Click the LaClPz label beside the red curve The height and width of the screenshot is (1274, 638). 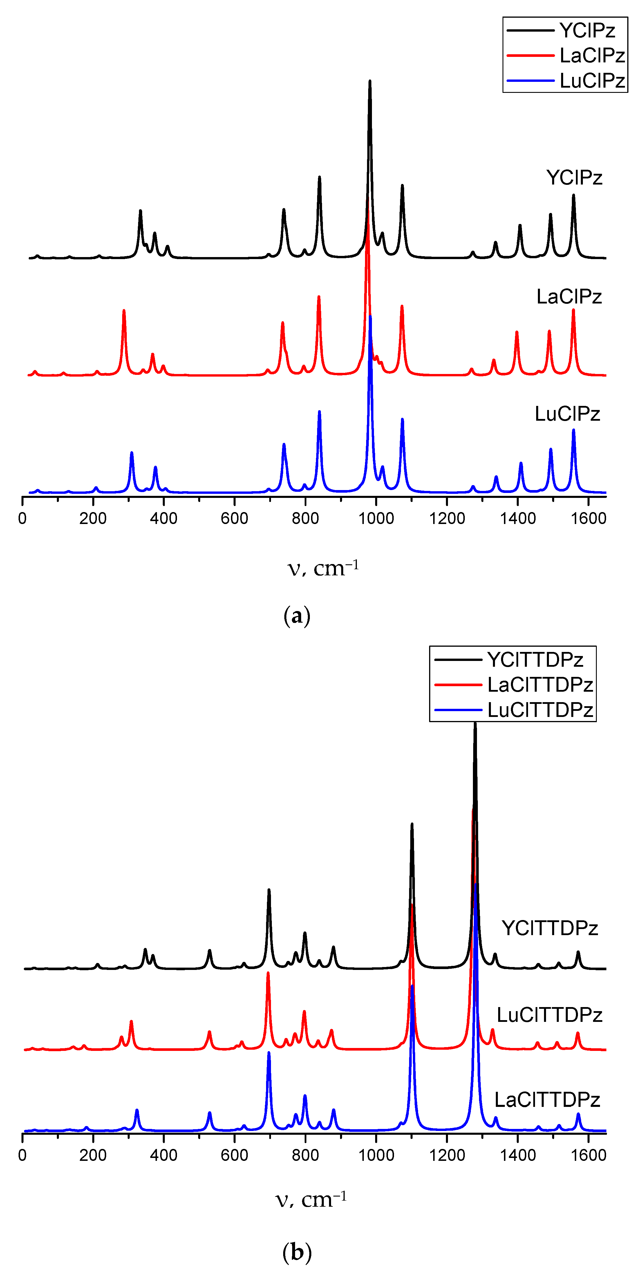tap(569, 296)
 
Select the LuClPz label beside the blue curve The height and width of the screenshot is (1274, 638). tap(567, 413)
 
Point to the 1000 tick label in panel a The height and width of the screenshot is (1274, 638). tap(376, 518)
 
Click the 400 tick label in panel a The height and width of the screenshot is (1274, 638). tap(164, 518)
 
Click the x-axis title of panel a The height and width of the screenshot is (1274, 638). tap(323, 568)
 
